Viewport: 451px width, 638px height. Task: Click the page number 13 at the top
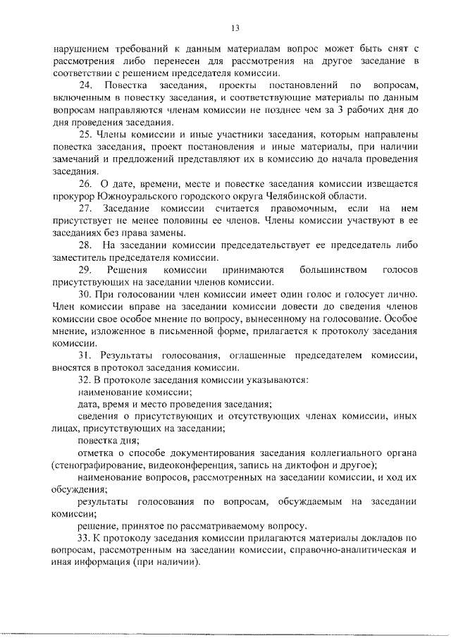tap(235, 28)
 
